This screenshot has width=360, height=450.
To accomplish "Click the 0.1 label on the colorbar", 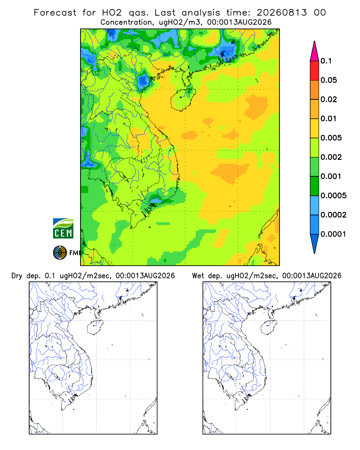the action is coord(326,61).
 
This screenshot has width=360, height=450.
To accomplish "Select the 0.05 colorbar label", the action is coord(328,80).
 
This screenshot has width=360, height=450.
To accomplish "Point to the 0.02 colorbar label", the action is coord(328,99).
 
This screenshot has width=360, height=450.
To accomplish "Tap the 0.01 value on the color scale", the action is coord(328,118).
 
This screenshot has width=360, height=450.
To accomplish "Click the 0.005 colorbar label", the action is coord(331,138).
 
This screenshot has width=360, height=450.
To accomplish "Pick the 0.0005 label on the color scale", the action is coord(333,195).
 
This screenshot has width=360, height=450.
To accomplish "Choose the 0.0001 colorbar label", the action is coord(333,234).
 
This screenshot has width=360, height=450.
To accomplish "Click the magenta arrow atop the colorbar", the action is coord(315,52).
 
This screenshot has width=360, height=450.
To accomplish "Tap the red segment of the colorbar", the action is coord(315,71).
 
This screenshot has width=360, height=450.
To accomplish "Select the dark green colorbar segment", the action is coord(315,186).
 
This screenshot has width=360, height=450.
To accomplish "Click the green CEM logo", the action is coord(63,229).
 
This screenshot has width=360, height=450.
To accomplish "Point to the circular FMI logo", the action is coord(60,253).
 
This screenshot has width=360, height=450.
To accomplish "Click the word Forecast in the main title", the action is coord(55,13).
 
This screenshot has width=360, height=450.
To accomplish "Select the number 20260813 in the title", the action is coord(282,13).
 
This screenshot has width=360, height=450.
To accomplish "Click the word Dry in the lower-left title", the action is coord(17,276).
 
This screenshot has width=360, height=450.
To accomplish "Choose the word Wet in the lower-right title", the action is coord(198,276).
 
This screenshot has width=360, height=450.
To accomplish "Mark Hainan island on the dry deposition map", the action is coord(95,328).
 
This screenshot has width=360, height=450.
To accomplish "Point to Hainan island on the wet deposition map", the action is coord(269,328).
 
